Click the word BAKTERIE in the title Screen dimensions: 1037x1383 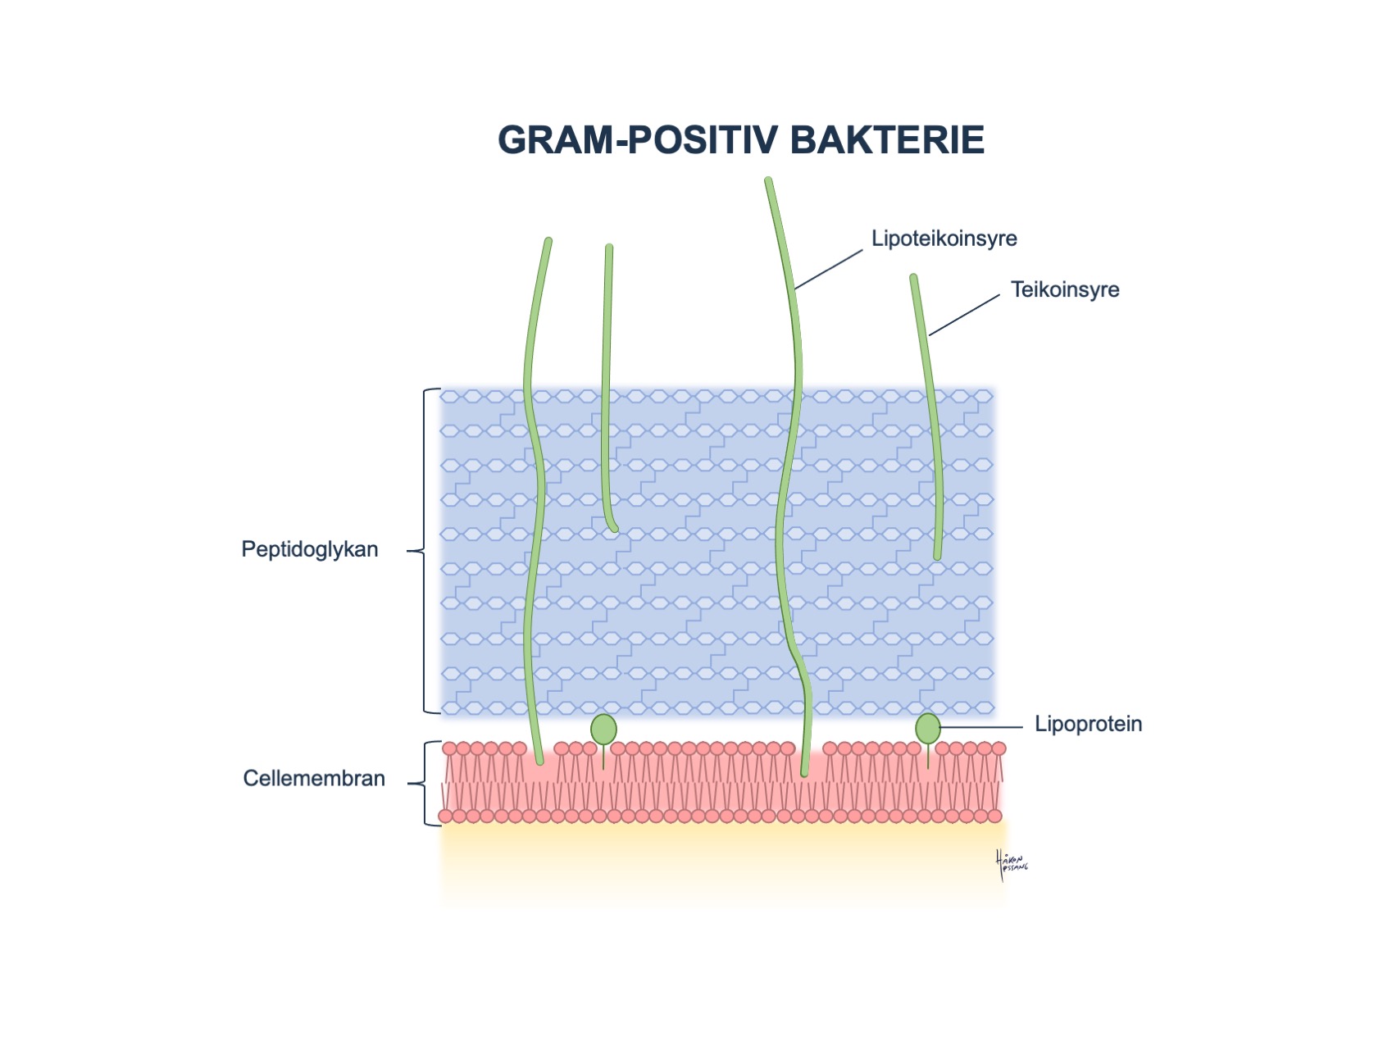coord(887,140)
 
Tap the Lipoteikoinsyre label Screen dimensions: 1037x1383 coord(944,239)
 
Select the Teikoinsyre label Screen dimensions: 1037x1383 coord(1064,289)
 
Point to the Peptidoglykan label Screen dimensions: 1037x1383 coord(309,549)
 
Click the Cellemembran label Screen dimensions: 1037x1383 coord(313,778)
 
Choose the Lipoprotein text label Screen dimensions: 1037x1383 coord(1088,724)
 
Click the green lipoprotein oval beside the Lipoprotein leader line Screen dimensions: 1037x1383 coord(927,728)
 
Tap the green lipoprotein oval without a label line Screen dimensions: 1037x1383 coord(603,729)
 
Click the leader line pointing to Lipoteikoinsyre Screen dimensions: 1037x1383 coord(828,270)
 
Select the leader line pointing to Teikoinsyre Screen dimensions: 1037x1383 coord(964,315)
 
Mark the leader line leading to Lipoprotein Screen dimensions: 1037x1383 coord(981,727)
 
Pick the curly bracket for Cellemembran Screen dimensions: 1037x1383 coord(425,783)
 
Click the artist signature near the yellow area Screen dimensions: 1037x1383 coord(1011,865)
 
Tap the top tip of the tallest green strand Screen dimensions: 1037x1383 coord(768,180)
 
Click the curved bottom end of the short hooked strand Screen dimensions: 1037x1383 coord(612,528)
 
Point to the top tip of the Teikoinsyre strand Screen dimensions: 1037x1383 coord(913,279)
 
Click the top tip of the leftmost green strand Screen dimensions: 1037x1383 coord(548,242)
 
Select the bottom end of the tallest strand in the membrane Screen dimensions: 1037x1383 coord(804,771)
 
